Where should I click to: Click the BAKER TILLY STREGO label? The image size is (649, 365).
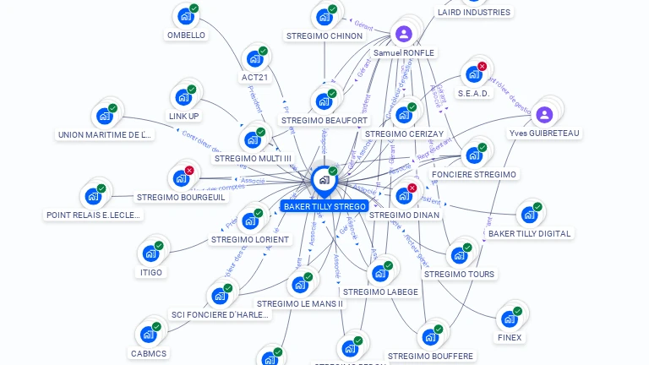(324, 206)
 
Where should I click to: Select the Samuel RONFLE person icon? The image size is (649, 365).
(404, 35)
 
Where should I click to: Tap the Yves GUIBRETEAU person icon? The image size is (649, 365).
(544, 115)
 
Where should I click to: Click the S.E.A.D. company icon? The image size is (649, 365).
(472, 74)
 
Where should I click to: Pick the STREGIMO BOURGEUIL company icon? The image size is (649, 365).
(180, 178)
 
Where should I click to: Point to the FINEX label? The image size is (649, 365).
(510, 337)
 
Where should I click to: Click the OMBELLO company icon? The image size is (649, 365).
(185, 16)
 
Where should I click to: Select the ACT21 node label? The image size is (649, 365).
(254, 77)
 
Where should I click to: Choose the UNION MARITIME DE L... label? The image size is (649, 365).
(105, 134)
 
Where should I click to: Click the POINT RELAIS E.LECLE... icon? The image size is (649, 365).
(93, 196)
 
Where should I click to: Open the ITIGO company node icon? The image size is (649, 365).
(150, 253)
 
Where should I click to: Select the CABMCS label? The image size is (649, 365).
(149, 353)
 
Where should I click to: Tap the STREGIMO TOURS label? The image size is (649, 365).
(459, 274)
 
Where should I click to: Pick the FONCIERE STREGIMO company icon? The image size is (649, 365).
(473, 155)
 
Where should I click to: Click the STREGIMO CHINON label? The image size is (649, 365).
(324, 35)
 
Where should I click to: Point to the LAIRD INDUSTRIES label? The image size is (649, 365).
(473, 12)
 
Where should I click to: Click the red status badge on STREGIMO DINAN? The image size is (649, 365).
(412, 188)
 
